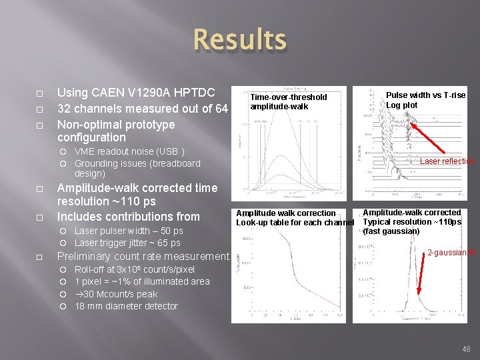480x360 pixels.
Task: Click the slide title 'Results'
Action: click(x=240, y=40)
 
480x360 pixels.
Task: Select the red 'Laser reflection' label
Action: click(x=447, y=161)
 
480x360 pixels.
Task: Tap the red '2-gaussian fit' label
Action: click(x=451, y=253)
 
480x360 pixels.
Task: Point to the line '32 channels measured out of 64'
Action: click(x=143, y=109)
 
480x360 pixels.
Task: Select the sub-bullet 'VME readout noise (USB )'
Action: click(x=129, y=151)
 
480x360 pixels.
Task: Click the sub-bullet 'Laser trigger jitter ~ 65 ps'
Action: click(x=127, y=243)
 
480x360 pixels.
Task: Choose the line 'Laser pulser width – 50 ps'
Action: click(x=129, y=231)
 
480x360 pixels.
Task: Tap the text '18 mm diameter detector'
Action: click(x=126, y=306)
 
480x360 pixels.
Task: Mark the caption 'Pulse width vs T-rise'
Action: click(x=426, y=95)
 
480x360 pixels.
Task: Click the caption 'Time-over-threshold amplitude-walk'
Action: click(x=288, y=101)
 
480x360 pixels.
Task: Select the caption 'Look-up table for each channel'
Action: click(x=295, y=222)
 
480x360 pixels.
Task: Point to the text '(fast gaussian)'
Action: click(x=391, y=231)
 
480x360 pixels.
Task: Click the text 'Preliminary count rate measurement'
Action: click(x=143, y=257)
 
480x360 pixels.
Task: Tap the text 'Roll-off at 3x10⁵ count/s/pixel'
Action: click(x=135, y=269)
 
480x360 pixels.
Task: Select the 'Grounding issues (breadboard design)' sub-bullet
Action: click(x=137, y=168)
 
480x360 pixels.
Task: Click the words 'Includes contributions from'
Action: click(x=129, y=217)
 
